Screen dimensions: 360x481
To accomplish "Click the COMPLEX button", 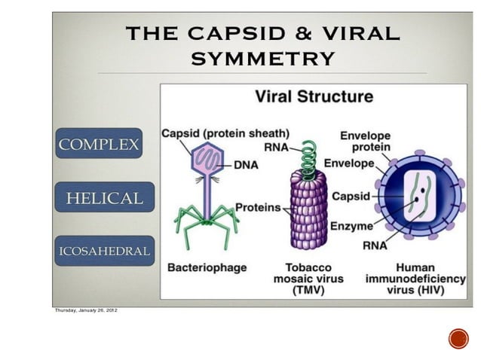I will pyautogui.click(x=98, y=144).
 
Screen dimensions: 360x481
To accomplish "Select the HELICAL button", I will pyautogui.click(x=104, y=198).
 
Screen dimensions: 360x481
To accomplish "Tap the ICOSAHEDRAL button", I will pyautogui.click(x=104, y=251).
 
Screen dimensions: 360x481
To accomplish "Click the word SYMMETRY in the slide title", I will pyautogui.click(x=262, y=58).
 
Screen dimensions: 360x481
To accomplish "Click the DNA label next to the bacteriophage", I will pyautogui.click(x=246, y=164).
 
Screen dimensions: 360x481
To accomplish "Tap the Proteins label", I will pyautogui.click(x=257, y=207).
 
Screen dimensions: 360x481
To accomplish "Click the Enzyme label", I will pyautogui.click(x=352, y=226).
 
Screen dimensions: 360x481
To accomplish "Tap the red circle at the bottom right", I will pyautogui.click(x=458, y=338).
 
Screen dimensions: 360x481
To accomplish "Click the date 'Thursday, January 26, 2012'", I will pyautogui.click(x=85, y=310).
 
